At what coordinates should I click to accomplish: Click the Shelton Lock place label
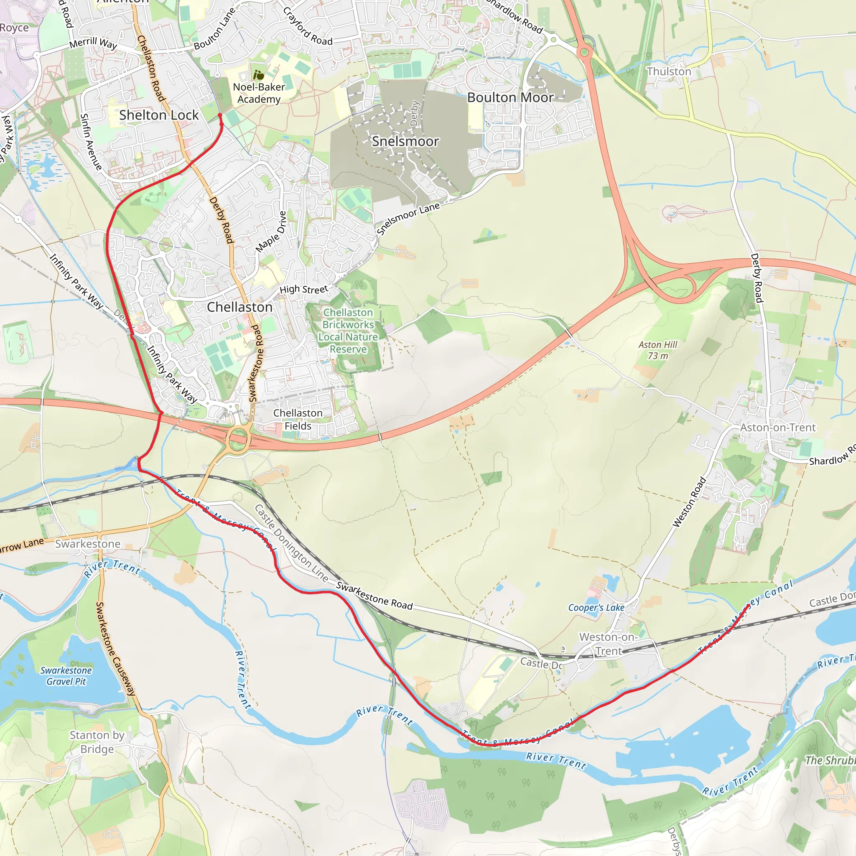(158, 115)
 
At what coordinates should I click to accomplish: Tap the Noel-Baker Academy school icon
(258, 75)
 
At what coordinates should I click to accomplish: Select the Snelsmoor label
(405, 141)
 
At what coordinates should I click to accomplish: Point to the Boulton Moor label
(510, 97)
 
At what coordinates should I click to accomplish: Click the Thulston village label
(668, 71)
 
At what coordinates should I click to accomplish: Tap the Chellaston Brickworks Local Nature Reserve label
(348, 331)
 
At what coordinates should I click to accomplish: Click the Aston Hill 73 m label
(657, 350)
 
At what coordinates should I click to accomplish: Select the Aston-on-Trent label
(777, 428)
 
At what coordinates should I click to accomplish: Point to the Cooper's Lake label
(596, 607)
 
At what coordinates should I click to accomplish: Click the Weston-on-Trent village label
(608, 644)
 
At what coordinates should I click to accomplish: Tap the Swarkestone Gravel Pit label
(66, 676)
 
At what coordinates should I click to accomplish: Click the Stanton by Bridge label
(97, 742)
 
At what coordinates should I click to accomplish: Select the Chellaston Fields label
(298, 419)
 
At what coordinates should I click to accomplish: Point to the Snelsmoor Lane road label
(408, 219)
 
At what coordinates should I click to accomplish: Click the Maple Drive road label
(271, 232)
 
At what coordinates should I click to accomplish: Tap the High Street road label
(303, 289)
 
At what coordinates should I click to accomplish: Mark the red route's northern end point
(220, 115)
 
